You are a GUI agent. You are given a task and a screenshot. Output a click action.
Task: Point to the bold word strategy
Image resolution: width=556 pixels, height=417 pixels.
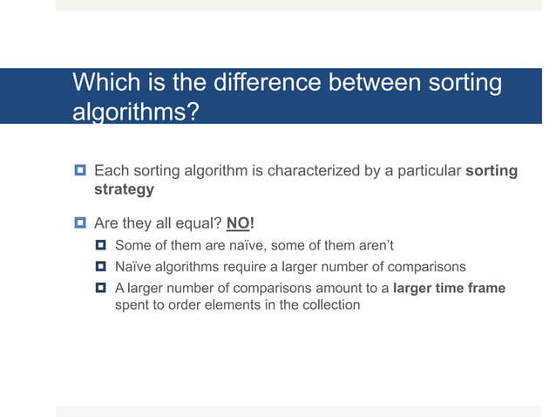pos(124,189)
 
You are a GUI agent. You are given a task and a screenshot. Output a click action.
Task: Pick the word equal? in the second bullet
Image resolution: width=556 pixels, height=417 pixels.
pos(197,222)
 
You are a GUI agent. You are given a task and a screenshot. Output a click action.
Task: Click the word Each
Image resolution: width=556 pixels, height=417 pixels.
pos(109,171)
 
